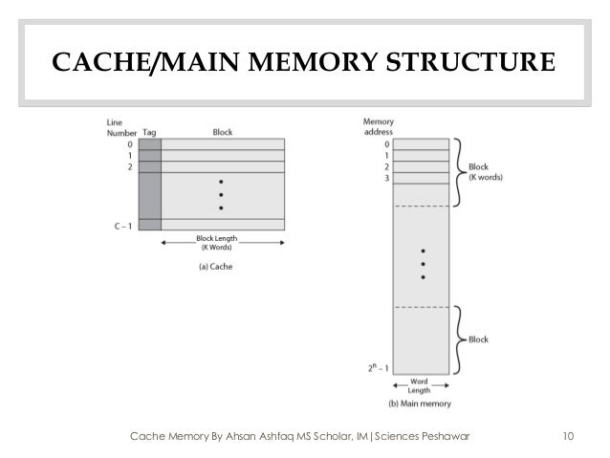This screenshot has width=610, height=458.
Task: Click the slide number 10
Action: [568, 438]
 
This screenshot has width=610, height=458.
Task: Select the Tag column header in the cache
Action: [149, 133]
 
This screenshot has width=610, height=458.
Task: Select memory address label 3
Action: [384, 178]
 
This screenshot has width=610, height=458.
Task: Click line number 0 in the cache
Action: [130, 144]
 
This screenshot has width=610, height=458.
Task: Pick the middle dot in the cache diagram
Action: [222, 194]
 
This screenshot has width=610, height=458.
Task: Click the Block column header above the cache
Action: [222, 133]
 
